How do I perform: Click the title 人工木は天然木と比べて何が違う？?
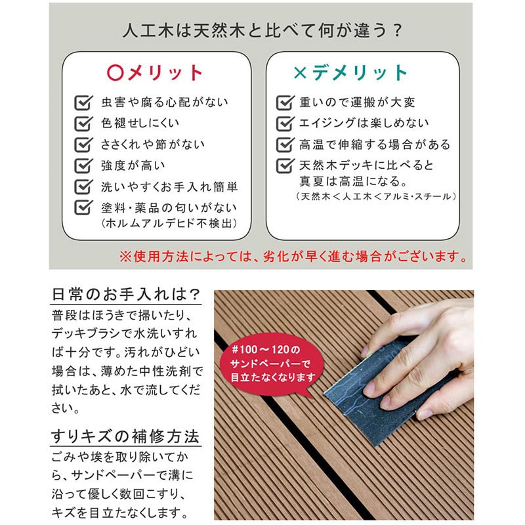[x=261, y=31]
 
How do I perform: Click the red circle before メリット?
[x=114, y=72]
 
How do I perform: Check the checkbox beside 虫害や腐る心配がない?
[x=83, y=103]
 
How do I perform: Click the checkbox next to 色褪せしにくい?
[x=83, y=123]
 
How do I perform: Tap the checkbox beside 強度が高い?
[x=83, y=165]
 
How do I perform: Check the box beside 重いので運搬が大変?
[x=284, y=103]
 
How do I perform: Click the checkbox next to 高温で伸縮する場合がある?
[x=284, y=144]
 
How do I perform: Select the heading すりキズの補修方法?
[x=125, y=436]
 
